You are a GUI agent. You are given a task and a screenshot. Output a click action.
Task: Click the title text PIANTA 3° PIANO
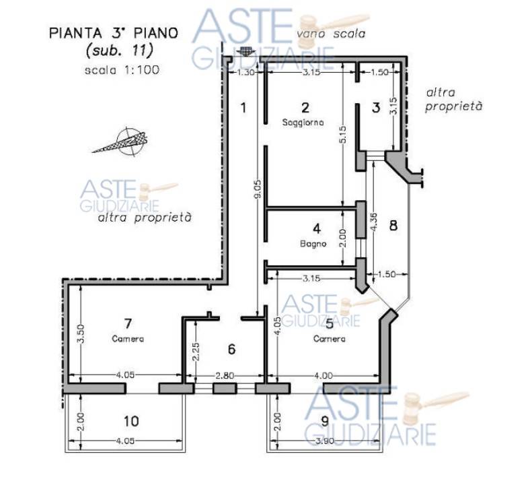(x=114, y=33)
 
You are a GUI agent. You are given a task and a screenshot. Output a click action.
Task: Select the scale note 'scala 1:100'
(x=122, y=70)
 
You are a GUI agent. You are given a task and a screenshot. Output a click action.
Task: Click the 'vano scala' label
(x=331, y=34)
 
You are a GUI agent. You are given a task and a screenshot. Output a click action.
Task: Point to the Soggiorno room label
(x=303, y=122)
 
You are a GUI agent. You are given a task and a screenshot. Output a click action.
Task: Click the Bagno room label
(x=313, y=243)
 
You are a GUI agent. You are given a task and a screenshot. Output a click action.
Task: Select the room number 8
(x=393, y=225)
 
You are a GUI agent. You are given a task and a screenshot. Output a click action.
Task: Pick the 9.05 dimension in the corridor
(x=258, y=191)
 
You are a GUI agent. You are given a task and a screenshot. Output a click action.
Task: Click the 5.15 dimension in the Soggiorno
(x=342, y=135)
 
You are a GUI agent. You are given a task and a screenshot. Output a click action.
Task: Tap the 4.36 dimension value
(x=373, y=222)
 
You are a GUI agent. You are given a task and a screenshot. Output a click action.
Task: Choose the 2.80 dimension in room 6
(x=225, y=375)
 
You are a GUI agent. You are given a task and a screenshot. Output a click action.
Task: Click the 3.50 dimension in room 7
(x=81, y=333)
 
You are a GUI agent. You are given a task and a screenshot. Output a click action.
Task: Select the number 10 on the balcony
(x=131, y=421)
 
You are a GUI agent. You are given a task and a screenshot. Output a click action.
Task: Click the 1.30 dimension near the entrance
(x=246, y=72)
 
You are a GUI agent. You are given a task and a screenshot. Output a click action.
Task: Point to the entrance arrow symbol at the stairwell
(x=244, y=51)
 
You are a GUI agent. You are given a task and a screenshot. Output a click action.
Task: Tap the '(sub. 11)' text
(x=120, y=51)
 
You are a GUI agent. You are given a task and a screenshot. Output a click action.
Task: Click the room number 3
(x=376, y=108)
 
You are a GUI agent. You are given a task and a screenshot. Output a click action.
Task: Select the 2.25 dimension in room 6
(x=196, y=352)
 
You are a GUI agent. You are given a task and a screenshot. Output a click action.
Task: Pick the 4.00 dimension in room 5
(x=324, y=375)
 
